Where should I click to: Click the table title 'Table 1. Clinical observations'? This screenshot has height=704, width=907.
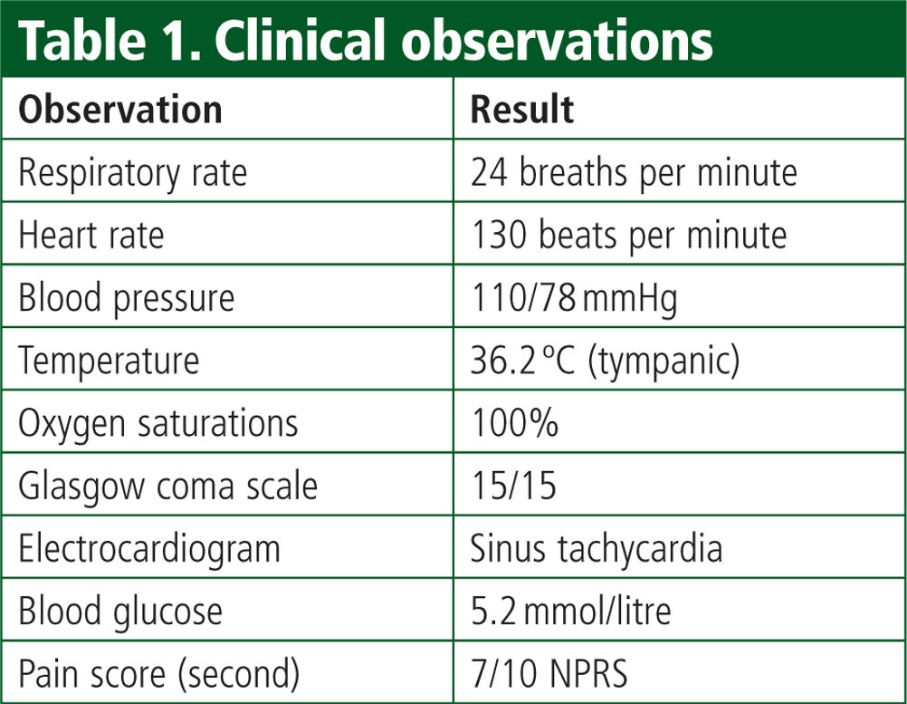point(366,40)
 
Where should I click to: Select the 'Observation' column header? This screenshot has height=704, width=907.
point(120,110)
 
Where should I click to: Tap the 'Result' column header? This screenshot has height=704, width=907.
point(521,110)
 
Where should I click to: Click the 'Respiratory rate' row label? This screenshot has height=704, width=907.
point(133,173)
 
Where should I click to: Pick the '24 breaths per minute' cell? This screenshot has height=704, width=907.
point(634,172)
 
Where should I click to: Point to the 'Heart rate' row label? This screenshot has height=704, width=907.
point(91,235)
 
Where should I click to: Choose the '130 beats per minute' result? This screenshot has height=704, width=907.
point(629,236)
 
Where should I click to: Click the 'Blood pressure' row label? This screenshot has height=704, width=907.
point(127,299)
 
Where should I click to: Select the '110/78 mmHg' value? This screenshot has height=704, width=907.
point(575,299)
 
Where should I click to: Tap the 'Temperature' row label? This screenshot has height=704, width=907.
point(109,361)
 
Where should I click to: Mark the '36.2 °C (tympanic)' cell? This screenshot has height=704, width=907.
point(605,361)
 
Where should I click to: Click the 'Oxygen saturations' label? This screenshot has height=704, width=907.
point(158,424)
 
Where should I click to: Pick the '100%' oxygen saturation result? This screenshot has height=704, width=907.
point(515,422)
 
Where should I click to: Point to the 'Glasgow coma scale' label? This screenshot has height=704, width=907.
point(167,486)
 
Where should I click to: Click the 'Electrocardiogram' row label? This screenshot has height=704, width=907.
point(149,548)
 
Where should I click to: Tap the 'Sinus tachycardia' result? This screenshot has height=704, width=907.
point(597,548)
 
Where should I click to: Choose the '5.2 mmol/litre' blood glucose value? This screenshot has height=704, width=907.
point(571,611)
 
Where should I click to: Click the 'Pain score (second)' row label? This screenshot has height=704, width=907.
point(159,674)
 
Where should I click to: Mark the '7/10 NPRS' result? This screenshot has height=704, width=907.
point(549,673)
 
